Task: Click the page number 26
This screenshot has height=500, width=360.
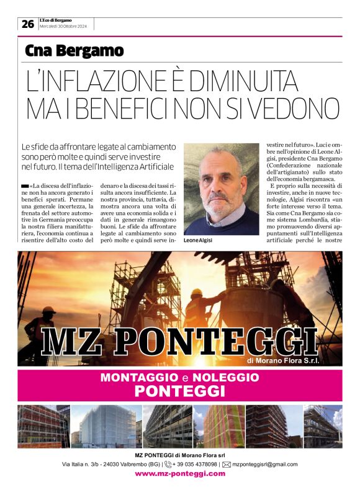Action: coord(27,24)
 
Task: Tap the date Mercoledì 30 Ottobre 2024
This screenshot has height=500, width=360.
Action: coord(65,27)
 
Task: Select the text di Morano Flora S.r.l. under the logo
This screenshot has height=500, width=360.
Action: coord(283,360)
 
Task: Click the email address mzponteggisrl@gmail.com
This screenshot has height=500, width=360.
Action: coord(265,464)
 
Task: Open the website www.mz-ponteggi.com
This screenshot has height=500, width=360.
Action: coord(180,474)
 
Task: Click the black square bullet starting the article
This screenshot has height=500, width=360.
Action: coord(24,186)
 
